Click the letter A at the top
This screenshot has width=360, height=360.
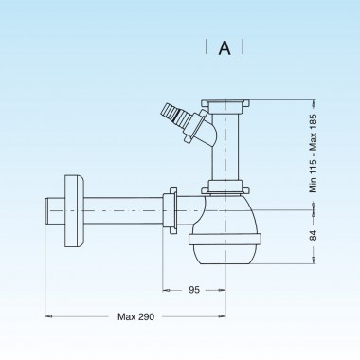(225, 46)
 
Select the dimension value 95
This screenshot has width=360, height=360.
(193, 290)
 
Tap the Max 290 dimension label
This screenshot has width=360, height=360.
(135, 316)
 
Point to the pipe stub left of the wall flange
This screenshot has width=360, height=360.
(51, 207)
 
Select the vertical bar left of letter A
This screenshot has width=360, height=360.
(207, 46)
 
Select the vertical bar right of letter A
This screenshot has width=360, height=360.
(243, 46)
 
